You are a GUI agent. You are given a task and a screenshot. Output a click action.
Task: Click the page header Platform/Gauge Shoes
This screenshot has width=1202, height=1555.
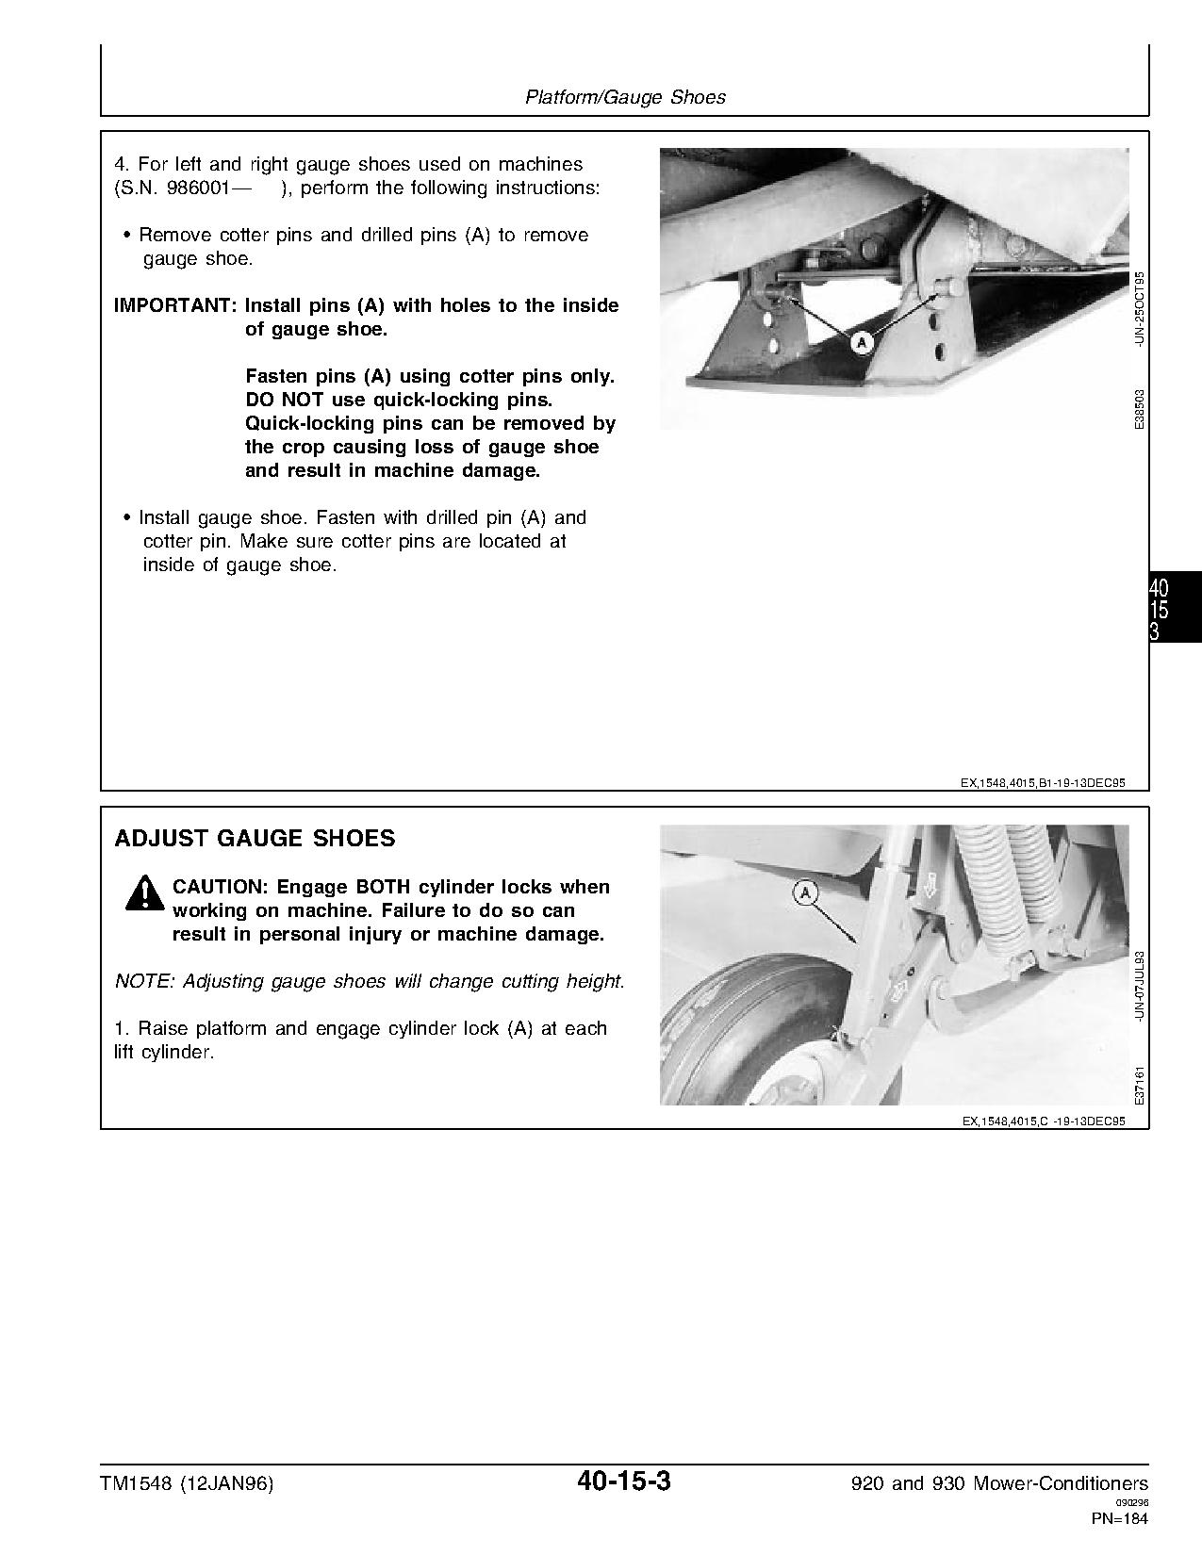click(625, 97)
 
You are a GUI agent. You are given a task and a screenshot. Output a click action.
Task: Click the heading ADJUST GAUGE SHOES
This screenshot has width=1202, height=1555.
click(255, 838)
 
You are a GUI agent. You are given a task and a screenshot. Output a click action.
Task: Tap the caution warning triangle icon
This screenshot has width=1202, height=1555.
click(142, 893)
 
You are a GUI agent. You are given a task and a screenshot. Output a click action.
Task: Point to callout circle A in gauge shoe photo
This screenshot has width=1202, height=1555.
click(861, 343)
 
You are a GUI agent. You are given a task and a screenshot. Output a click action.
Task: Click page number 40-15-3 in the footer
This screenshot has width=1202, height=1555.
click(624, 1481)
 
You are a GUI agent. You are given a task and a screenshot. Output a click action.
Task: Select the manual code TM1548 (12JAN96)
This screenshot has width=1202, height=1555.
click(187, 1483)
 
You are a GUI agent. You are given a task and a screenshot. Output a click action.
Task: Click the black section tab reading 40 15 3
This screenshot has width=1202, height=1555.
click(1174, 609)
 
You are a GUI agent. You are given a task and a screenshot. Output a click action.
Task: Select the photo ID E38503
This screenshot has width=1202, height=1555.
click(1140, 410)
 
